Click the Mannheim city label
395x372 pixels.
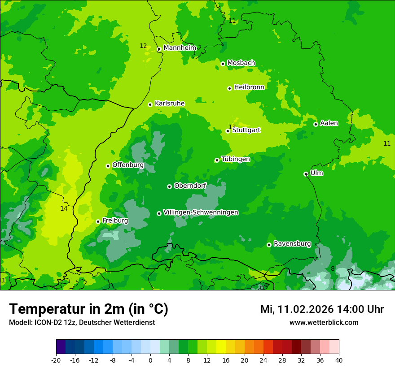[180, 48]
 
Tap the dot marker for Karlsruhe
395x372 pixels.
[150, 104]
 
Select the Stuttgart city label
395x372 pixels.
[246, 130]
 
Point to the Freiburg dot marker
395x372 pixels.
[98, 221]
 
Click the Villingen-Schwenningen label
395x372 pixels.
[201, 212]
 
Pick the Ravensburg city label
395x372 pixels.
[292, 244]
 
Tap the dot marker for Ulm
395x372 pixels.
[306, 174]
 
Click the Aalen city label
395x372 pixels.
[329, 123]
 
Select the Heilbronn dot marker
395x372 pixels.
[229, 88]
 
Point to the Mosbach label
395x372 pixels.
[241, 63]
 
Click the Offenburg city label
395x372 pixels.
[128, 165]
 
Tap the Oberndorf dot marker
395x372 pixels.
[169, 186]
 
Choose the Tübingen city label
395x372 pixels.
[236, 159]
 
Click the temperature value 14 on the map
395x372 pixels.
[64, 208]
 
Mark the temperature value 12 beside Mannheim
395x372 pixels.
[143, 46]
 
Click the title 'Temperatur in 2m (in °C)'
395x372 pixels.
[88, 309]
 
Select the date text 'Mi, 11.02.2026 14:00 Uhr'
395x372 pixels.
[322, 309]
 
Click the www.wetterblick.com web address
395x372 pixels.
[324, 323]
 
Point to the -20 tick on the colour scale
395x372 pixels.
[56, 360]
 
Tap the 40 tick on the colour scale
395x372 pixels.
[338, 360]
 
